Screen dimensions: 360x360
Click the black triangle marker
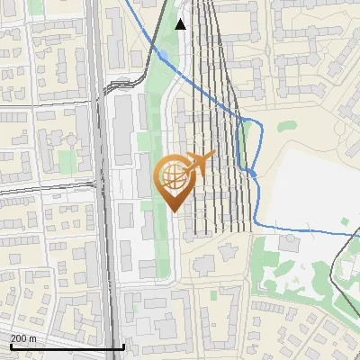pyautogui.click(x=181, y=24)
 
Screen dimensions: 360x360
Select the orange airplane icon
pyautogui.click(x=199, y=164)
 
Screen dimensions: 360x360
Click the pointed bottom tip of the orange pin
pyautogui.click(x=174, y=210)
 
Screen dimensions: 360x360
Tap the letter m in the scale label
pyautogui.click(x=34, y=338)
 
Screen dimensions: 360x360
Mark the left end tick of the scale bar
pyautogui.click(x=11, y=346)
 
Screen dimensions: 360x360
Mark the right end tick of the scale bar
pyautogui.click(x=123, y=346)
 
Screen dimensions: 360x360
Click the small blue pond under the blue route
pyautogui.click(x=253, y=172)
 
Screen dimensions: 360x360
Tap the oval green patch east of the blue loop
pyautogui.click(x=285, y=127)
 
